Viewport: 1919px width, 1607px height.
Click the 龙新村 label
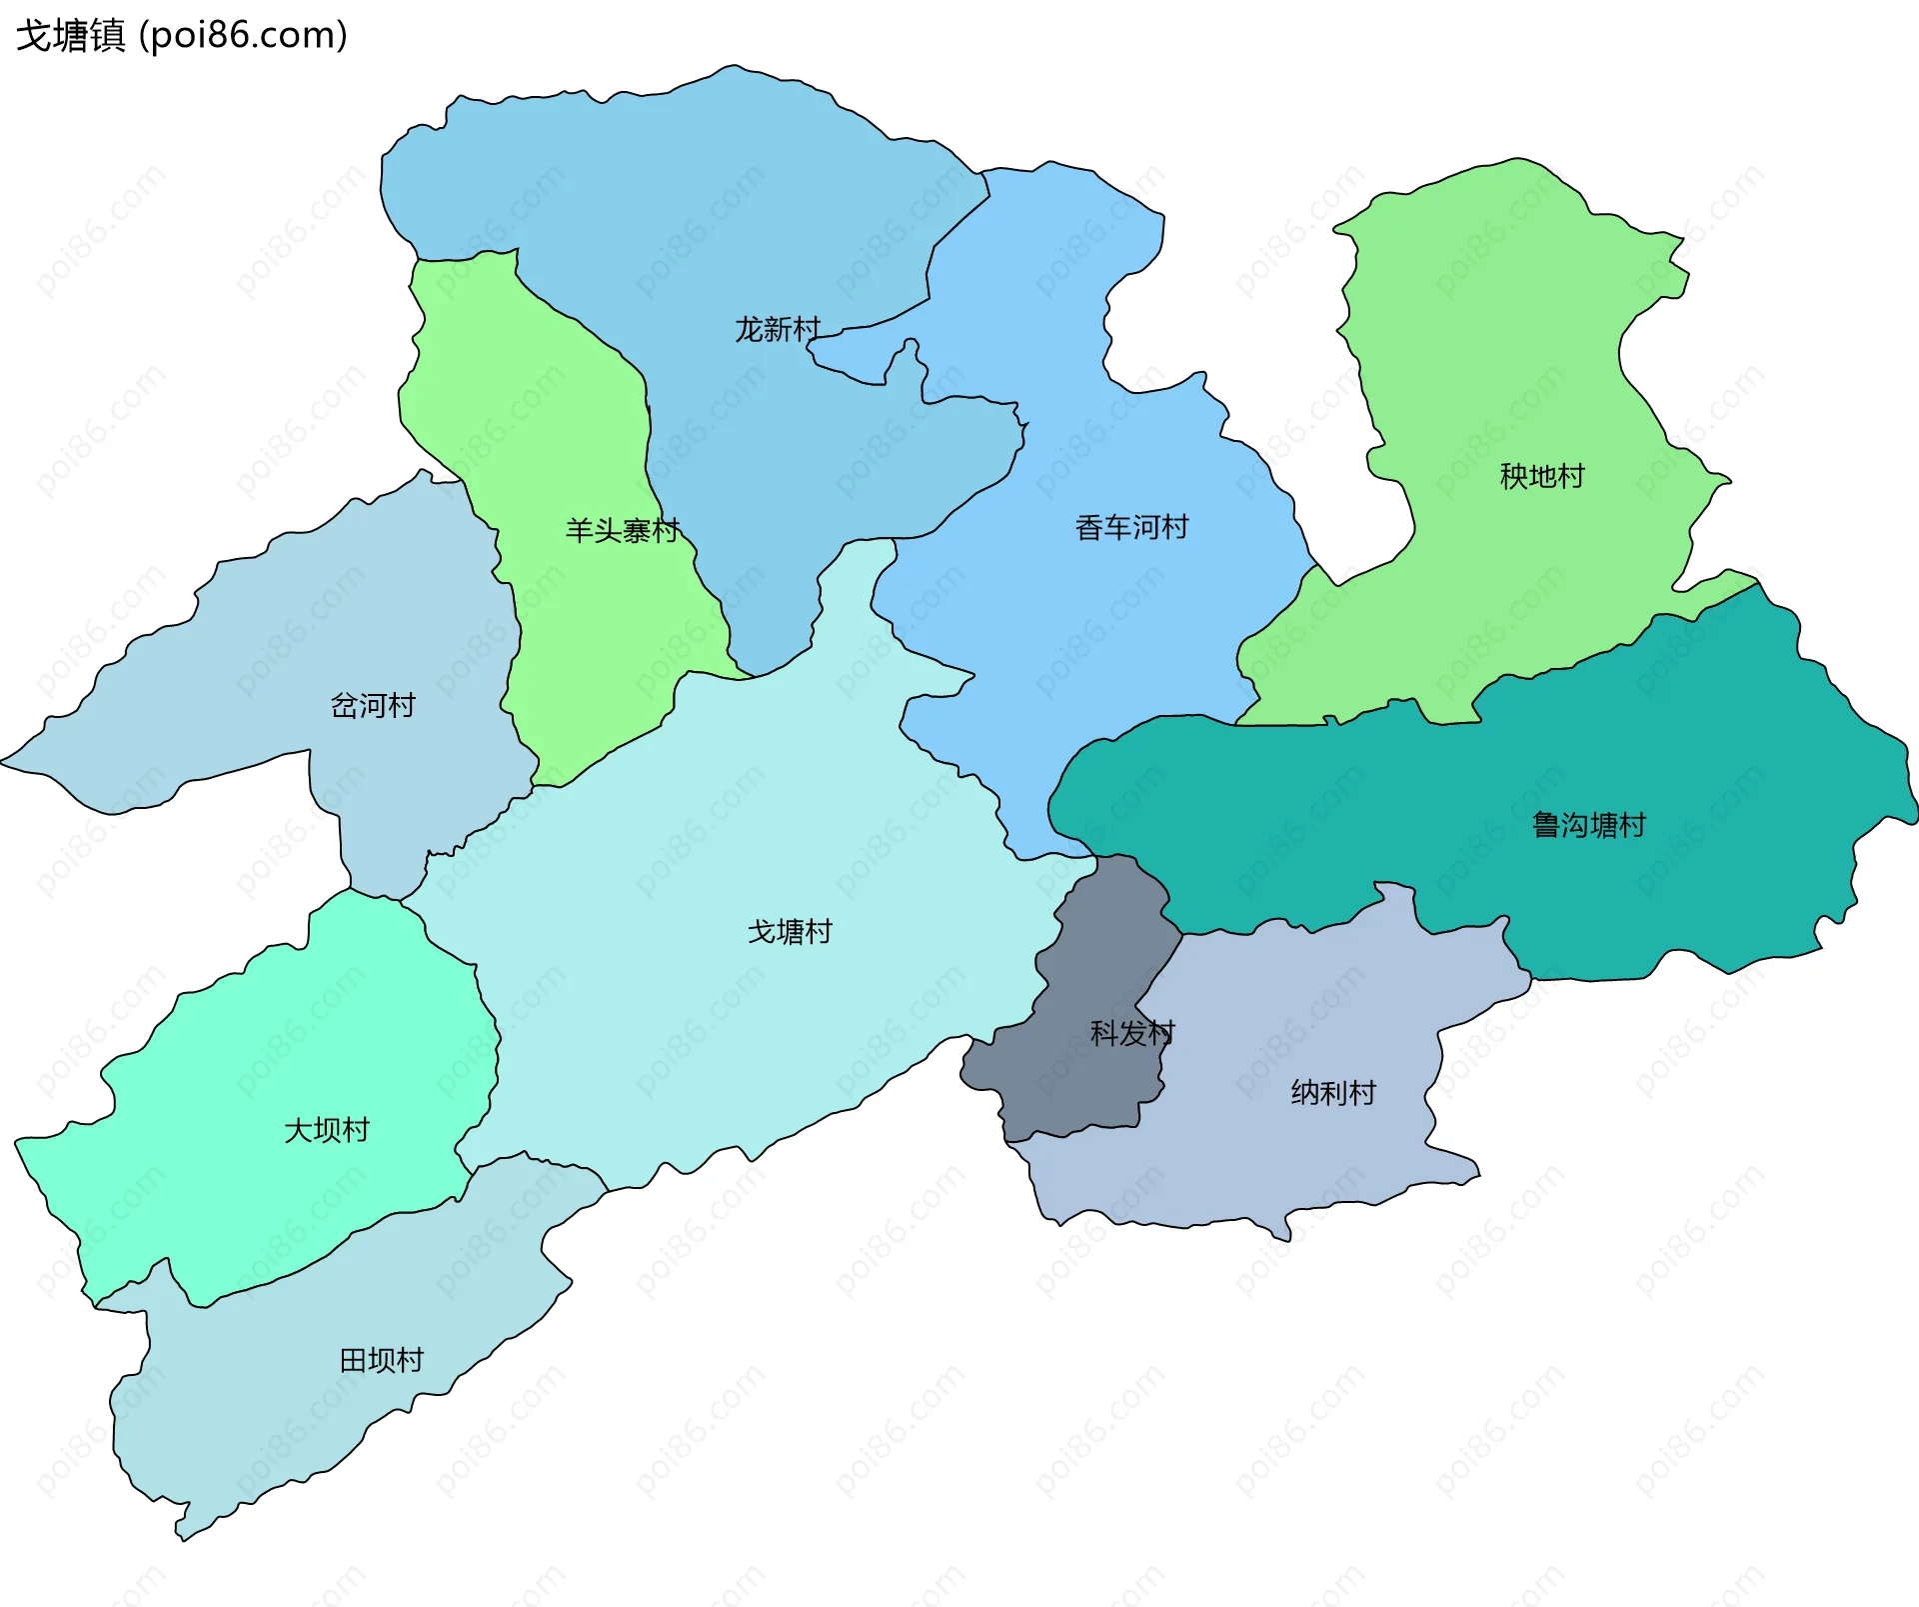click(x=778, y=329)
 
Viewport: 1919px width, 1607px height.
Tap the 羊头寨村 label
click(x=623, y=530)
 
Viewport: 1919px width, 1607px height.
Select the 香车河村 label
click(x=1131, y=527)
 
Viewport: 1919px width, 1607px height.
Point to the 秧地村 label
click(x=1542, y=476)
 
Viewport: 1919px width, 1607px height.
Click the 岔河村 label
click(x=373, y=705)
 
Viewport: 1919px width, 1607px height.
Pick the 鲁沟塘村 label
click(x=1589, y=825)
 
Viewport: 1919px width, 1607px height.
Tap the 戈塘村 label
click(x=790, y=932)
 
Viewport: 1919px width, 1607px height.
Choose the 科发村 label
click(x=1132, y=1033)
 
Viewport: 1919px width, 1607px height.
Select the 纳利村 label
click(x=1333, y=1093)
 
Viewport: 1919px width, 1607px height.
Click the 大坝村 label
click(x=327, y=1130)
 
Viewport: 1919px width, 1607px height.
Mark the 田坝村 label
click(x=382, y=1360)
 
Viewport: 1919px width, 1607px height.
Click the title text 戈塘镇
click(x=70, y=36)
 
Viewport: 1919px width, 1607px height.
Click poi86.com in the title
click(x=243, y=36)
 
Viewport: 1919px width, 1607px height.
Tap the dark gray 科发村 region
click(x=1089, y=1080)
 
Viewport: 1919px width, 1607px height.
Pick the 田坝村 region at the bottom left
click(x=300, y=1400)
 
